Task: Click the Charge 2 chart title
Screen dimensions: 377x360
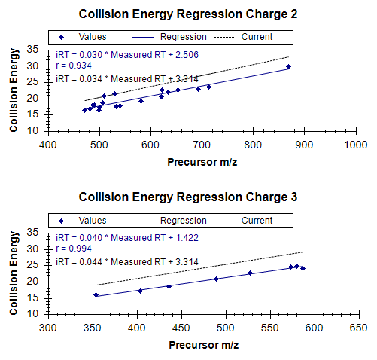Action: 188,14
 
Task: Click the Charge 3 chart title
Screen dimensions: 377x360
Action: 188,197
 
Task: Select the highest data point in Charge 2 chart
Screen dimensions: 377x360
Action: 288,67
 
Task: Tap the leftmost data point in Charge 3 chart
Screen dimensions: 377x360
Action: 96,295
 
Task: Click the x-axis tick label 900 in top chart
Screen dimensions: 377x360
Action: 304,145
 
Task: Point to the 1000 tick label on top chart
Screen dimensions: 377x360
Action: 356,145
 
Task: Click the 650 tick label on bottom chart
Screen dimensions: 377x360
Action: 359,328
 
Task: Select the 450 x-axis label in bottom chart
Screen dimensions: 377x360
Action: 181,328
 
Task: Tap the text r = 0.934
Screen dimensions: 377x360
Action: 74,66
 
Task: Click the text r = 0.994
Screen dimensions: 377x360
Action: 74,249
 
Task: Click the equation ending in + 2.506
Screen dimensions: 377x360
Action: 127,55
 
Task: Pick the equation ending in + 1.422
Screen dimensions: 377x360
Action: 127,238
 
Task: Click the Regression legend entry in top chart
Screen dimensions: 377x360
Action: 169,37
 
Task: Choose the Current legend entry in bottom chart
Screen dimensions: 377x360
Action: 243,221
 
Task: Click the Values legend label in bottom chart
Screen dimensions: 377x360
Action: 93,221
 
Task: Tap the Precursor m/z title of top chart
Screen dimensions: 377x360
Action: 202,162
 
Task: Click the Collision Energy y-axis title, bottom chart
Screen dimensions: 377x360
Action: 14,273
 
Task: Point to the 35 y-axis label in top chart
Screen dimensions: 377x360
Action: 33,50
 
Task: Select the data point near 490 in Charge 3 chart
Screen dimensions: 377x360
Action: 217,279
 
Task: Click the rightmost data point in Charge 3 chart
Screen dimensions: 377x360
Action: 303,269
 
